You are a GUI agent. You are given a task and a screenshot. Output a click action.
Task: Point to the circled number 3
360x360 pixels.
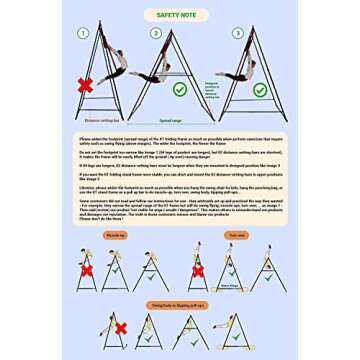click(237, 32)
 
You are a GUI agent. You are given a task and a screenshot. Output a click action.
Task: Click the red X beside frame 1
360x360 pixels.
click(86, 86)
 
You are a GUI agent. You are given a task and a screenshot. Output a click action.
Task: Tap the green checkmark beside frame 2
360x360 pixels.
click(179, 89)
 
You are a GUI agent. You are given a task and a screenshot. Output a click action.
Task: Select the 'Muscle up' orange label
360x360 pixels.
click(116, 235)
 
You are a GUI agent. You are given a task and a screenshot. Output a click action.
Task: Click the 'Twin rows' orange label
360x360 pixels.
click(237, 235)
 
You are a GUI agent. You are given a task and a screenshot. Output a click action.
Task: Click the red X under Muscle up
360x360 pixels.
click(87, 270)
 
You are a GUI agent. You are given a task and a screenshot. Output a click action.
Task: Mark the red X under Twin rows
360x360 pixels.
click(197, 270)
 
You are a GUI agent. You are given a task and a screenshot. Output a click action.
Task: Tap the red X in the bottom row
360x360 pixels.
click(121, 328)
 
